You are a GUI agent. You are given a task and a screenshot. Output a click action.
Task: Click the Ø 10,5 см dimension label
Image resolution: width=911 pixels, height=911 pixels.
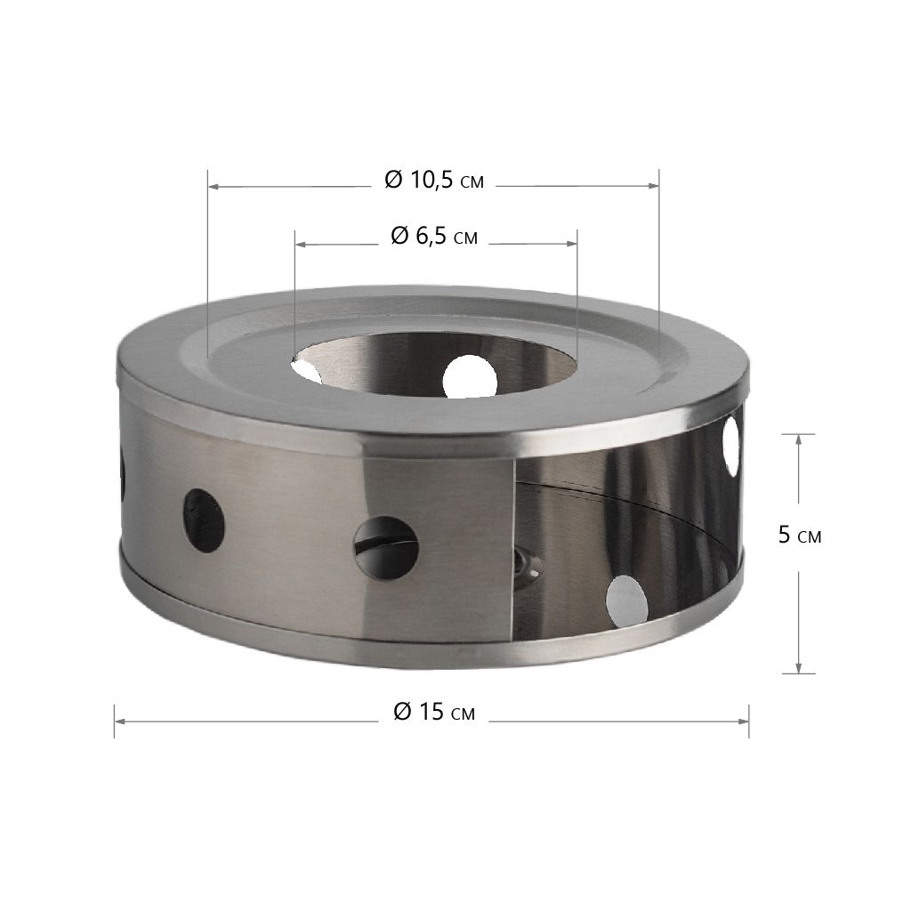pyautogui.click(x=434, y=180)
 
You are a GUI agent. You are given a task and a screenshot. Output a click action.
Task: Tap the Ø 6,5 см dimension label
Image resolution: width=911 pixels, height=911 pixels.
pyautogui.click(x=434, y=237)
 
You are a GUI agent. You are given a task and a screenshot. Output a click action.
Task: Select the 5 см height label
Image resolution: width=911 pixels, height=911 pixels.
pyautogui.click(x=800, y=535)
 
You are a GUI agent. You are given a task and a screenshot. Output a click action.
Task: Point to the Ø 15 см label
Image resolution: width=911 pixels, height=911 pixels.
pyautogui.click(x=434, y=711)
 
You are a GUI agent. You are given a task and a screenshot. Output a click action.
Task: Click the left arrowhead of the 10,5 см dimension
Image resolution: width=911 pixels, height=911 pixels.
pyautogui.click(x=214, y=187)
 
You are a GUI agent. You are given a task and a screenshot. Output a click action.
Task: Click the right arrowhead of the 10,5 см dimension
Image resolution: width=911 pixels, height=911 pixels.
pyautogui.click(x=654, y=186)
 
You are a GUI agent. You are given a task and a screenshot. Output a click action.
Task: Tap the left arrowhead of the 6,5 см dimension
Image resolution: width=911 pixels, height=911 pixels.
pyautogui.click(x=301, y=245)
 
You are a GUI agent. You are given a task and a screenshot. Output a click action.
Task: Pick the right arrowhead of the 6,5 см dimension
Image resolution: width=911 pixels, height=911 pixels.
pyautogui.click(x=572, y=244)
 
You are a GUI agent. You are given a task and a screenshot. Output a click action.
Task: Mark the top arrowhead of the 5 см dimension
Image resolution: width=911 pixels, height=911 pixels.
pyautogui.click(x=799, y=439)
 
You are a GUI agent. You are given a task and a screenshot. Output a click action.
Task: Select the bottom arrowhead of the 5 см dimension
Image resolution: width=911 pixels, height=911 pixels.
pyautogui.click(x=799, y=668)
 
